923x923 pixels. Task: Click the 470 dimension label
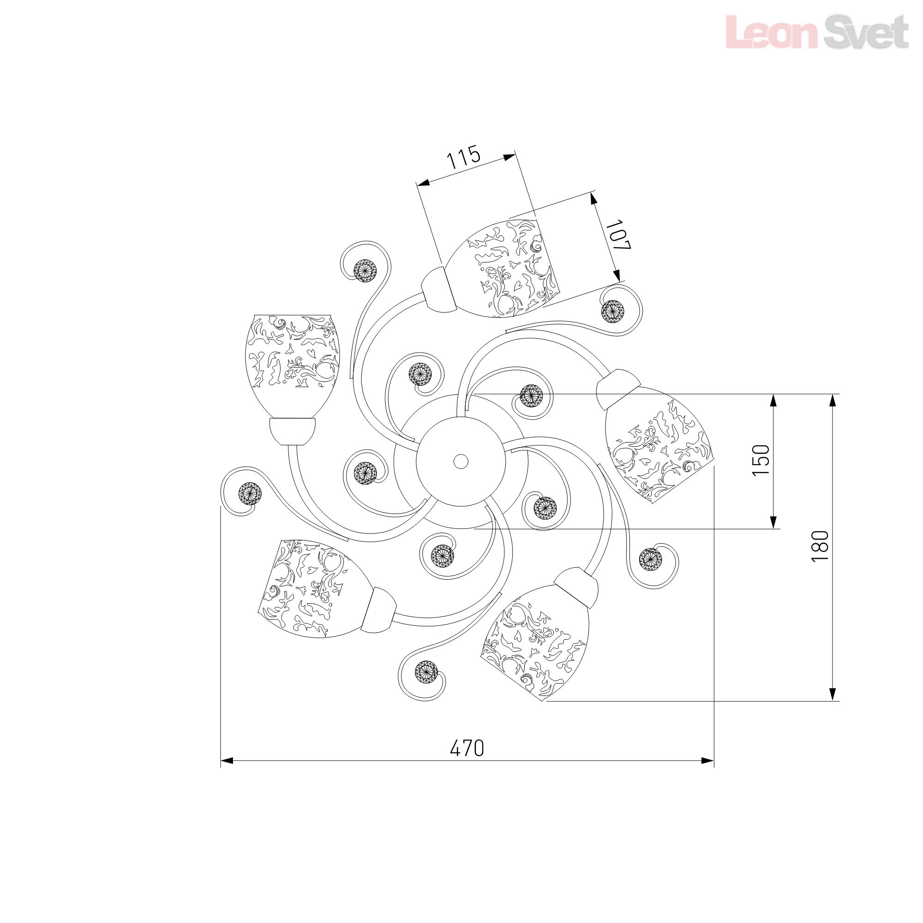coord(467,748)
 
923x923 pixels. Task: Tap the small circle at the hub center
coord(461,461)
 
